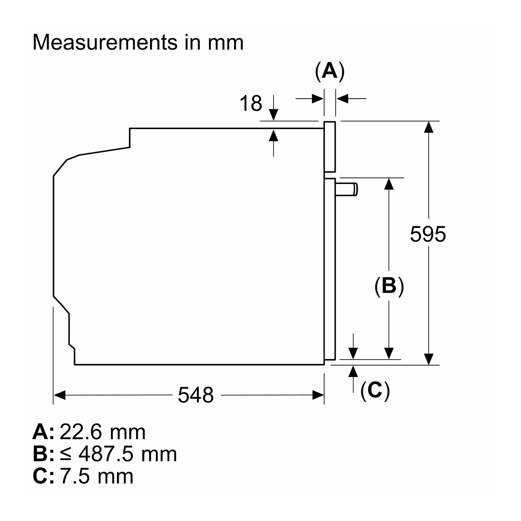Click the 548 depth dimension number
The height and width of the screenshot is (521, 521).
(196, 395)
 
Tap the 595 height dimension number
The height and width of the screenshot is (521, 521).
(428, 234)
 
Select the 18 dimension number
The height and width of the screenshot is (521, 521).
(251, 103)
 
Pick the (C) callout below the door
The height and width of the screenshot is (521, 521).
(375, 390)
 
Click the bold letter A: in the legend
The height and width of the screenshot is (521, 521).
(43, 432)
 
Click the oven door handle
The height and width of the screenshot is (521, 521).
(347, 189)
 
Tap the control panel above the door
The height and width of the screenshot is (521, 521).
(330, 147)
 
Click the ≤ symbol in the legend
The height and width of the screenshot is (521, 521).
(66, 455)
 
